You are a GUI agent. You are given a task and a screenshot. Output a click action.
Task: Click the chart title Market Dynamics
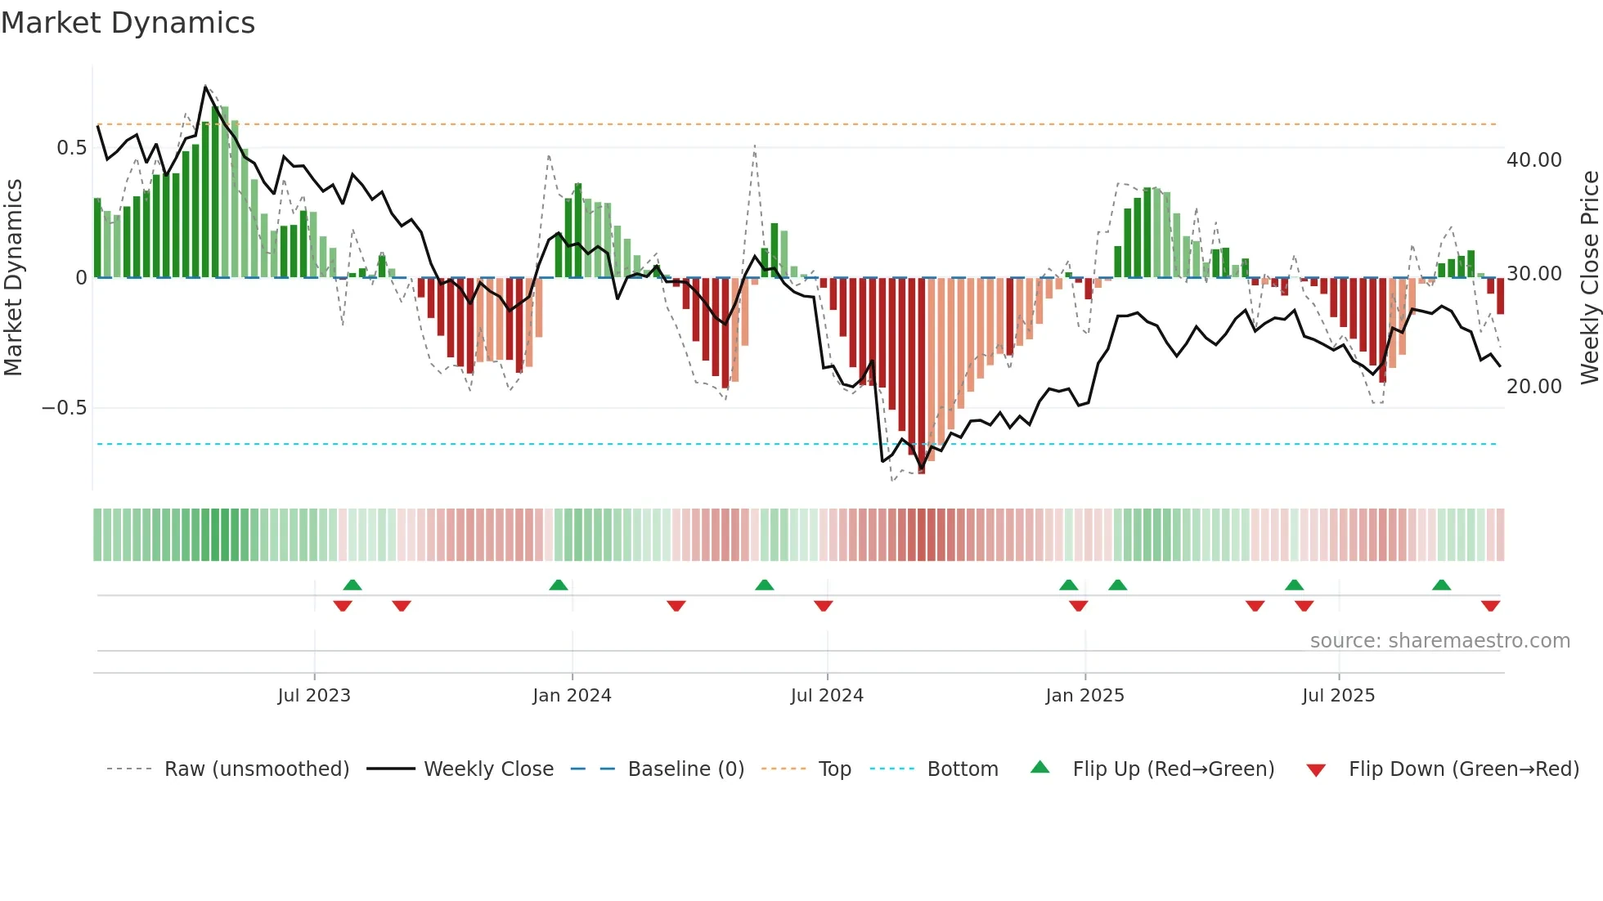(x=128, y=23)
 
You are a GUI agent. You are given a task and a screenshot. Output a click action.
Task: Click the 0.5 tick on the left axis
(x=71, y=148)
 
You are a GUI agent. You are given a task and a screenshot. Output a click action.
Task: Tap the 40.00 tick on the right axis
(x=1533, y=160)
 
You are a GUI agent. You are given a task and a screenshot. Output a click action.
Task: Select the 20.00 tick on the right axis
(x=1533, y=387)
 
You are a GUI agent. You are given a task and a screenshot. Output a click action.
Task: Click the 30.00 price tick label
(x=1533, y=274)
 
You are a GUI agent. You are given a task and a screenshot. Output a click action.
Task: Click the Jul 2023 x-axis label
(x=314, y=696)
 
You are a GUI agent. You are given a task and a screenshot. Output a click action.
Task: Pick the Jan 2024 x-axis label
(x=572, y=696)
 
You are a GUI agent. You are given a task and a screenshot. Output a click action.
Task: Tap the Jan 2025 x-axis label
(x=1084, y=696)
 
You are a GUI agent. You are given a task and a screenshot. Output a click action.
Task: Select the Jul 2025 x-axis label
(x=1338, y=696)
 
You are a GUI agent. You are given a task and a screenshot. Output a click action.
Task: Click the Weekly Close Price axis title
(x=1589, y=277)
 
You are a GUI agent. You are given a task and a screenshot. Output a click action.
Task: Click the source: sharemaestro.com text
(x=1439, y=641)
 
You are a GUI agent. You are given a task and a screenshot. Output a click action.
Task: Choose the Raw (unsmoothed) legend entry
(x=256, y=769)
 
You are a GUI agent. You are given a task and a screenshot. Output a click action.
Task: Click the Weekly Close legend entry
(x=488, y=769)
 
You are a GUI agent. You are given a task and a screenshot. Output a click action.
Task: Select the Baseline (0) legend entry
(x=685, y=769)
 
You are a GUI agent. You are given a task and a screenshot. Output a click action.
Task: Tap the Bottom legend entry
(x=962, y=769)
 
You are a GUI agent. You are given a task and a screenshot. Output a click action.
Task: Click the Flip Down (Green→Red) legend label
(x=1463, y=769)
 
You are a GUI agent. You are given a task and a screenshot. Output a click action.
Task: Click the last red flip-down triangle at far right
(x=1490, y=605)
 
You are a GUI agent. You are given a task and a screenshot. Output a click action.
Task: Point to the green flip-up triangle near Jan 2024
(x=559, y=585)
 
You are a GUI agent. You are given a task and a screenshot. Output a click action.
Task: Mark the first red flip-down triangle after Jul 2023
(x=343, y=605)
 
